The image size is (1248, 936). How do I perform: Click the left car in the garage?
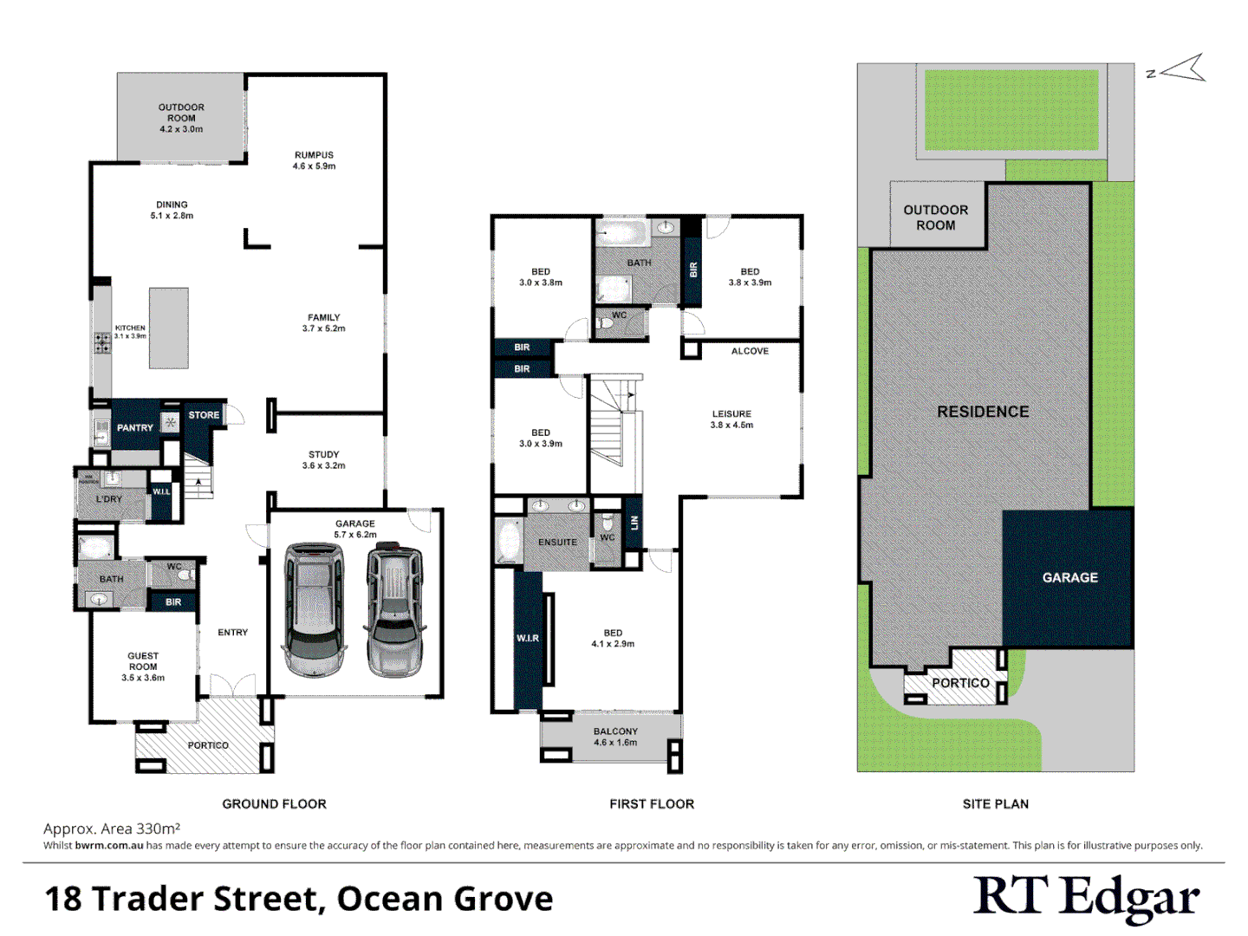pyautogui.click(x=314, y=609)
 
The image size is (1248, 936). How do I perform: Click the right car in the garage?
pyautogui.click(x=395, y=609)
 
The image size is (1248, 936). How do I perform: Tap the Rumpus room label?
pyautogui.click(x=314, y=160)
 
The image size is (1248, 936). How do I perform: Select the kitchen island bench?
pyautogui.click(x=168, y=328)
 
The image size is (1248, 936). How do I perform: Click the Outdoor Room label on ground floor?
pyautogui.click(x=181, y=118)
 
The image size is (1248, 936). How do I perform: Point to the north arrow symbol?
pyautogui.click(x=1181, y=69)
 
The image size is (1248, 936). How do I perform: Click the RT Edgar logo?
pyautogui.click(x=1086, y=897)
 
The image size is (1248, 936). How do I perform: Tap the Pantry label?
pyautogui.click(x=135, y=427)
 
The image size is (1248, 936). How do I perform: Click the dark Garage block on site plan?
pyautogui.click(x=1069, y=577)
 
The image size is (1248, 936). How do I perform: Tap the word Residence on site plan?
pyautogui.click(x=983, y=412)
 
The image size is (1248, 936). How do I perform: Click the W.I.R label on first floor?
pyautogui.click(x=528, y=638)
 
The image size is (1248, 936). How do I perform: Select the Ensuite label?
pyautogui.click(x=557, y=542)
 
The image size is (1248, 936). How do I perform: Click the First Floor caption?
pyautogui.click(x=652, y=803)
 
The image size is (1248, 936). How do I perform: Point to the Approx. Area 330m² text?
pyautogui.click(x=112, y=829)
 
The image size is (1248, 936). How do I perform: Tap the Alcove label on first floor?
pyautogui.click(x=750, y=351)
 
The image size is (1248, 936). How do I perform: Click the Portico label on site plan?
pyautogui.click(x=960, y=683)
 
